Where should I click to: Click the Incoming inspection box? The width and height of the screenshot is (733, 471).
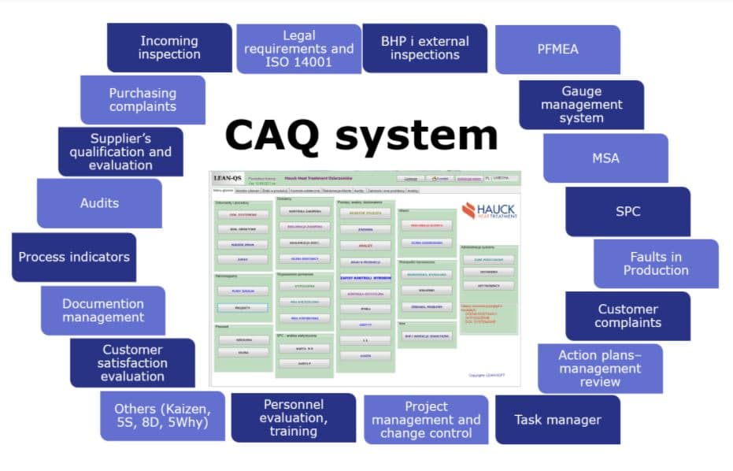(169, 47)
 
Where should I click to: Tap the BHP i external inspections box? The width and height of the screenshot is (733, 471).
(424, 48)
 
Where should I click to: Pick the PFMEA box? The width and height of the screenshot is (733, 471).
(557, 49)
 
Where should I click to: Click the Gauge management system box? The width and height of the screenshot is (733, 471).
(581, 105)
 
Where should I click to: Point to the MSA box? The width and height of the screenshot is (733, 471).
(605, 158)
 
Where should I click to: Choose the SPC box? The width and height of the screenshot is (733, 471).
(627, 211)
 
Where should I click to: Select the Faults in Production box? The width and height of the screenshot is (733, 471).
(656, 263)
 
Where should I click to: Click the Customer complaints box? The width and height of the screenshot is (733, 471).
(627, 316)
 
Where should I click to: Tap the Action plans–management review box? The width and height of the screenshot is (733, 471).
(600, 368)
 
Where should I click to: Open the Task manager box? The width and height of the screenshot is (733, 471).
(557, 420)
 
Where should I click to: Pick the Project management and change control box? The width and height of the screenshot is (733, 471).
(426, 420)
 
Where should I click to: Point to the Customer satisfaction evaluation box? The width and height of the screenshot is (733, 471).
(132, 363)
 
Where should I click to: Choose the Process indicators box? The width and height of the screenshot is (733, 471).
(74, 257)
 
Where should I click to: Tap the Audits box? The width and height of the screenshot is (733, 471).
(99, 203)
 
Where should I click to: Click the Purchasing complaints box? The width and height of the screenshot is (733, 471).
(143, 99)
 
